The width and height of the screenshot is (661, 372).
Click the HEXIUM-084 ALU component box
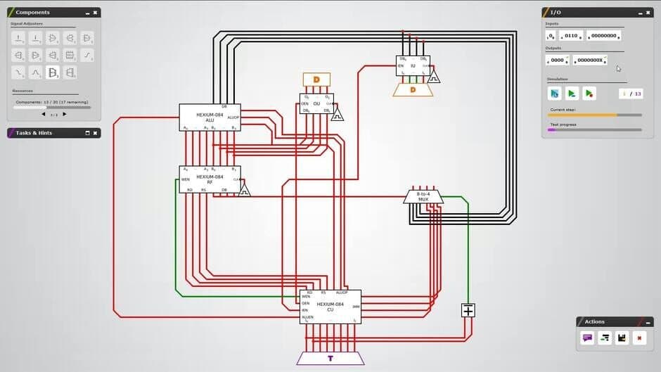point(210,117)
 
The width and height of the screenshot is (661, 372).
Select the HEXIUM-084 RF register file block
point(210,179)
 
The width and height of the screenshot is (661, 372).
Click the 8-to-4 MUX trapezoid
point(423,196)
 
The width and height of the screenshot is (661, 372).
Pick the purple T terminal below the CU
point(330,358)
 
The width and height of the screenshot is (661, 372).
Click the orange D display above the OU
point(316,79)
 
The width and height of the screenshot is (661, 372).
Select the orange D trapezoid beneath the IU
point(413,89)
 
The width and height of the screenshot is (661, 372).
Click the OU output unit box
point(316,103)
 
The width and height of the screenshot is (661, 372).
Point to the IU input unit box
point(413,66)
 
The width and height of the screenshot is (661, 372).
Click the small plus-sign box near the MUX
point(468,310)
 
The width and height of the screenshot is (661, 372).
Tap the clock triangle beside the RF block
point(244,190)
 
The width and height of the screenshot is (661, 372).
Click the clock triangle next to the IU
point(434,76)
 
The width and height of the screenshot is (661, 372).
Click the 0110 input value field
point(570,36)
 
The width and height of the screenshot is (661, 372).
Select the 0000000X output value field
point(589,60)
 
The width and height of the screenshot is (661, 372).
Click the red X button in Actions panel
point(639,338)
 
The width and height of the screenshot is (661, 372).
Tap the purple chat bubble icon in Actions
point(587,338)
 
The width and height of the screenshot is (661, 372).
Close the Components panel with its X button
point(96,13)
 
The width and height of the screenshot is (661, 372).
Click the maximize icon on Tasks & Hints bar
point(87,133)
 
